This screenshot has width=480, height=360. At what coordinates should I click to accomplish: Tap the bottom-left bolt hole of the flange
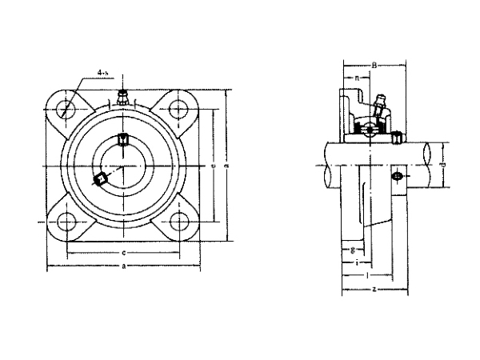tap(65, 222)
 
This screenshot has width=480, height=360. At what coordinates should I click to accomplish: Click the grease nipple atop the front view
tap(122, 98)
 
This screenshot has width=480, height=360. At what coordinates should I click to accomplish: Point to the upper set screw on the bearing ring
tap(122, 140)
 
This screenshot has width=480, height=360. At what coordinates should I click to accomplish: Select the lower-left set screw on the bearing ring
tap(101, 180)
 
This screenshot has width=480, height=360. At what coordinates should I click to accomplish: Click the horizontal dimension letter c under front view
tap(122, 253)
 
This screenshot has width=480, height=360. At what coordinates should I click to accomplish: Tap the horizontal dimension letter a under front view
tap(122, 267)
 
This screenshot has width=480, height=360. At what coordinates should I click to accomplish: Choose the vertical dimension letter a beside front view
tap(227, 166)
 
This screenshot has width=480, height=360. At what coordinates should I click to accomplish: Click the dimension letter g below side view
tap(353, 250)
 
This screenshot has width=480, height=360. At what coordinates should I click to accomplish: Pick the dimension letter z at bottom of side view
tap(374, 288)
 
